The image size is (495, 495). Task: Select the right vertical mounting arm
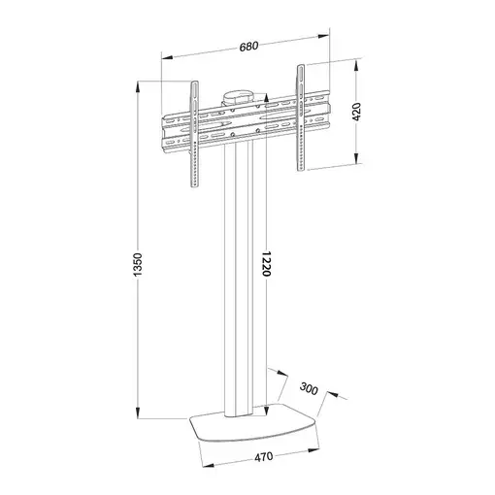tap(302, 116)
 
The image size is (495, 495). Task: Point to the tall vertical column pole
tap(242, 291)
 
